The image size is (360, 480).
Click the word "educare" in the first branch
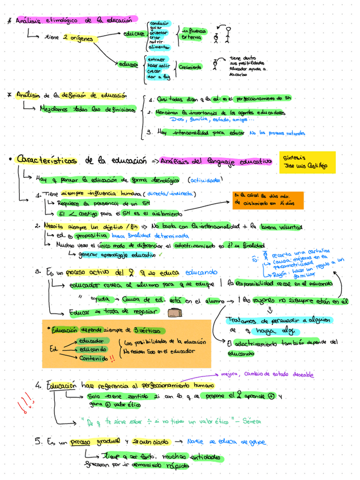click(x=134, y=35)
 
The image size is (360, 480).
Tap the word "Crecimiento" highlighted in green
click(x=190, y=67)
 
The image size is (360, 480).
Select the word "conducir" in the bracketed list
click(x=160, y=23)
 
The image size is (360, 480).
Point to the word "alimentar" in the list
click(x=160, y=48)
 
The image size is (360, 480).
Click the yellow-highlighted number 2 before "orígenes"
click(x=66, y=38)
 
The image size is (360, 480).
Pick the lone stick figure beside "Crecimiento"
click(x=216, y=65)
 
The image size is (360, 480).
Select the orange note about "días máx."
click(x=268, y=199)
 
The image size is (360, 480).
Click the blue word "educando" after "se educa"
click(x=200, y=272)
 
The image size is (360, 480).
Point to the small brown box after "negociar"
click(x=175, y=312)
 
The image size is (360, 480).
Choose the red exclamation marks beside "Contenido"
click(x=113, y=357)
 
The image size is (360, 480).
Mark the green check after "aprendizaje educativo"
click(x=160, y=255)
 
